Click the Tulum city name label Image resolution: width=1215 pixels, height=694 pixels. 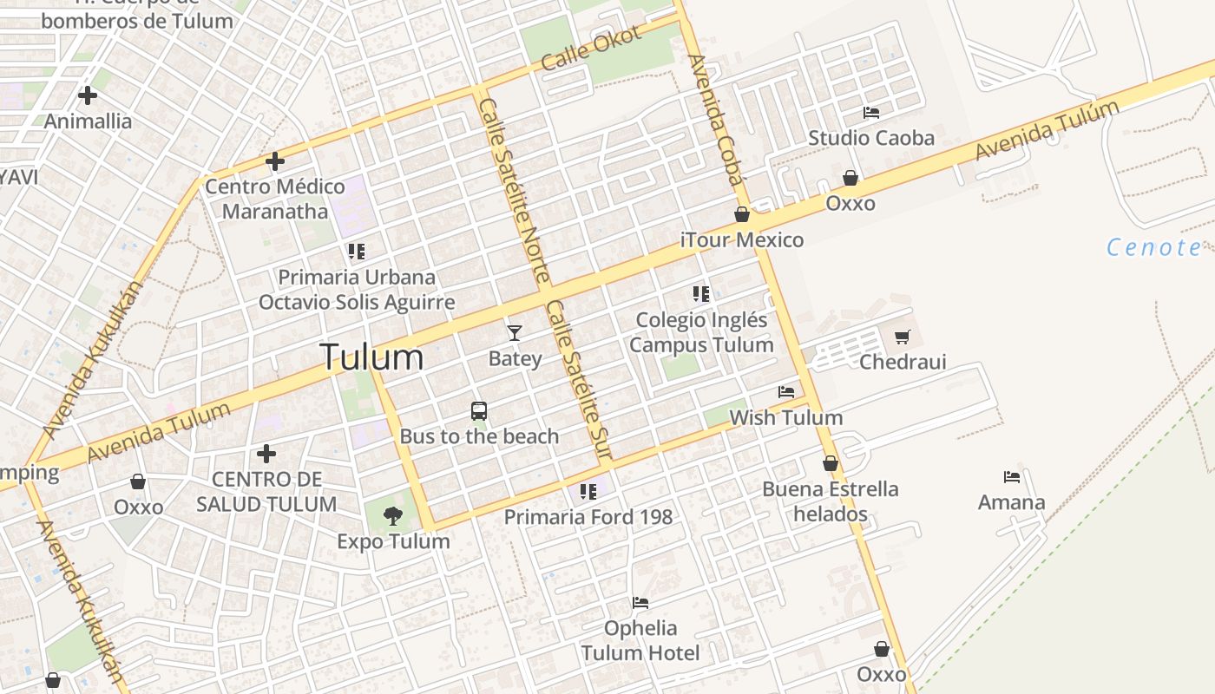371,357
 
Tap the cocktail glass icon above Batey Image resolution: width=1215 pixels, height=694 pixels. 515,332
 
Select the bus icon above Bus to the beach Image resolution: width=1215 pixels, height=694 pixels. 479,411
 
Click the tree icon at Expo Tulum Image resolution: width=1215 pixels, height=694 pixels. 393,516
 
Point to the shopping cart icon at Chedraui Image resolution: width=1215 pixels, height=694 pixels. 903,337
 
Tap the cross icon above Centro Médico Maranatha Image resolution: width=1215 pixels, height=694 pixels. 275,161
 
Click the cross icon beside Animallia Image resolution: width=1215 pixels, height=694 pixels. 88,95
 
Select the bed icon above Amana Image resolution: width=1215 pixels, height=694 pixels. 1012,477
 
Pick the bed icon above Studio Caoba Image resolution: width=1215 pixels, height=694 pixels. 871,113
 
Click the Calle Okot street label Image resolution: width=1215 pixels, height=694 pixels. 590,49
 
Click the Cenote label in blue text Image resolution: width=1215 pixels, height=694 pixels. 1154,248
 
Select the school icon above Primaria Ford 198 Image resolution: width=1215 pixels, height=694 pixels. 588,492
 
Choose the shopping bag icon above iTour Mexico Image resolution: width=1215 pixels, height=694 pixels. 742,214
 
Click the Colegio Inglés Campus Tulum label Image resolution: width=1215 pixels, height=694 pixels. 701,332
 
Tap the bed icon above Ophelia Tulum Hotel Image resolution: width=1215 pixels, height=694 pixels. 640,603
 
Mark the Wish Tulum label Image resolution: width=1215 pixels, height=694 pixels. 785,417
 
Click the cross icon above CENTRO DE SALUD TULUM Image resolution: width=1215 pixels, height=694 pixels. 266,454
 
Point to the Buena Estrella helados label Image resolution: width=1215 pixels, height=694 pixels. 831,501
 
